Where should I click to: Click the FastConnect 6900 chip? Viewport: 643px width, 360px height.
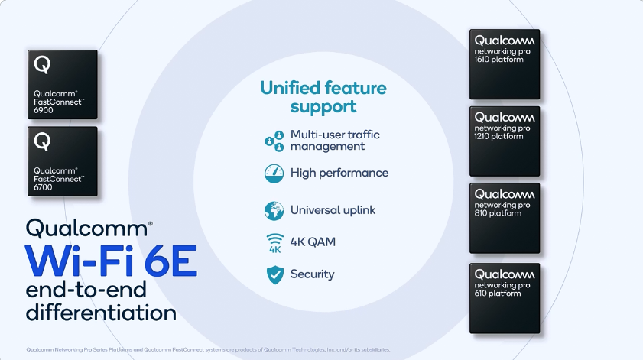(x=63, y=85)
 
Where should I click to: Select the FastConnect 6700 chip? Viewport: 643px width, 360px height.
(x=63, y=161)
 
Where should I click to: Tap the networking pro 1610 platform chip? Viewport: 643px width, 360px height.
(x=505, y=64)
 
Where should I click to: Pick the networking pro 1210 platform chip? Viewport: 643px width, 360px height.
(x=505, y=141)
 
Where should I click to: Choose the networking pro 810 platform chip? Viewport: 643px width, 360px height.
(x=505, y=218)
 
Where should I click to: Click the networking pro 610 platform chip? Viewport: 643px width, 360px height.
(x=505, y=298)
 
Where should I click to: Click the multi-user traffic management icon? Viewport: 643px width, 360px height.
(x=274, y=141)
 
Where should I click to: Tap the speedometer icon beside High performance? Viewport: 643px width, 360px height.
(x=274, y=173)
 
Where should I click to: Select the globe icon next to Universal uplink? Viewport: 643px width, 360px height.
(x=274, y=210)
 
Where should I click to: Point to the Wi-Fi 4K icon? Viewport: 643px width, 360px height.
(x=274, y=242)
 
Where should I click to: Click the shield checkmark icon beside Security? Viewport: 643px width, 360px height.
(x=274, y=274)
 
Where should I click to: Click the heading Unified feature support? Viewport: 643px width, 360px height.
(x=323, y=97)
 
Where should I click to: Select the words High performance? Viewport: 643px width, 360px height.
(x=339, y=173)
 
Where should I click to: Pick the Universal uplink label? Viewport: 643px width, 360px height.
(x=333, y=210)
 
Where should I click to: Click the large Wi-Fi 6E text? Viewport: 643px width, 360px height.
(x=112, y=261)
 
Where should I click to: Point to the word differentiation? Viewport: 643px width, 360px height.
(x=101, y=313)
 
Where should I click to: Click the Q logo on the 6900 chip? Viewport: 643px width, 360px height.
(x=42, y=65)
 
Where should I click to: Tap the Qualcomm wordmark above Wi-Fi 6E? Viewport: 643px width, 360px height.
(x=89, y=228)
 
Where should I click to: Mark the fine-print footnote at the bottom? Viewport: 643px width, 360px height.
(x=208, y=349)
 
